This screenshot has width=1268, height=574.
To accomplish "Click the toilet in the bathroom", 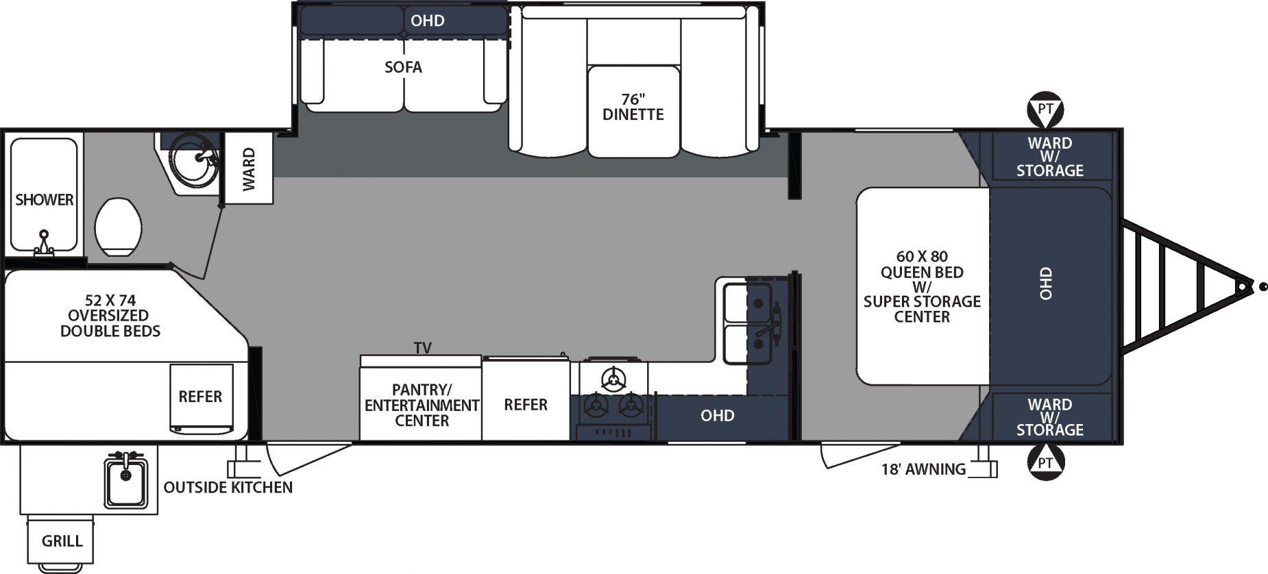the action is (118, 227).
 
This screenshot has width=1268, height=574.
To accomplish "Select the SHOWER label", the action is (45, 200).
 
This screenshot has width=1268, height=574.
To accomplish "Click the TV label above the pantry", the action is (423, 348).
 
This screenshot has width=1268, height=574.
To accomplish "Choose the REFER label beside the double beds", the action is (200, 397).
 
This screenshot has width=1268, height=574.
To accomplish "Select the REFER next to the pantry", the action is (526, 405).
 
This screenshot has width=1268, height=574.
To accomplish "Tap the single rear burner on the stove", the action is (613, 379).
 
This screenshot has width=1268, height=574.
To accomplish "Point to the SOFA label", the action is (403, 67).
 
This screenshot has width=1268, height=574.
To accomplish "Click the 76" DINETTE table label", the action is (633, 108).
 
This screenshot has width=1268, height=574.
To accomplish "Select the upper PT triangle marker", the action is (1045, 110).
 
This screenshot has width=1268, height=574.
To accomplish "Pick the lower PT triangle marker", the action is (1045, 462).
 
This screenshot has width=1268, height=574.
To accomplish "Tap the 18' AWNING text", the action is (923, 470).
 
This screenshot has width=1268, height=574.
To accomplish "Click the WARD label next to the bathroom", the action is (249, 169).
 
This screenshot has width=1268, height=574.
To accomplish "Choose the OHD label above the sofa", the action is (428, 21).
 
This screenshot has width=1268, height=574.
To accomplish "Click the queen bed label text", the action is (922, 286).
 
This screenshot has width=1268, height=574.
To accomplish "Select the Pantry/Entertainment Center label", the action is (422, 405).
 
